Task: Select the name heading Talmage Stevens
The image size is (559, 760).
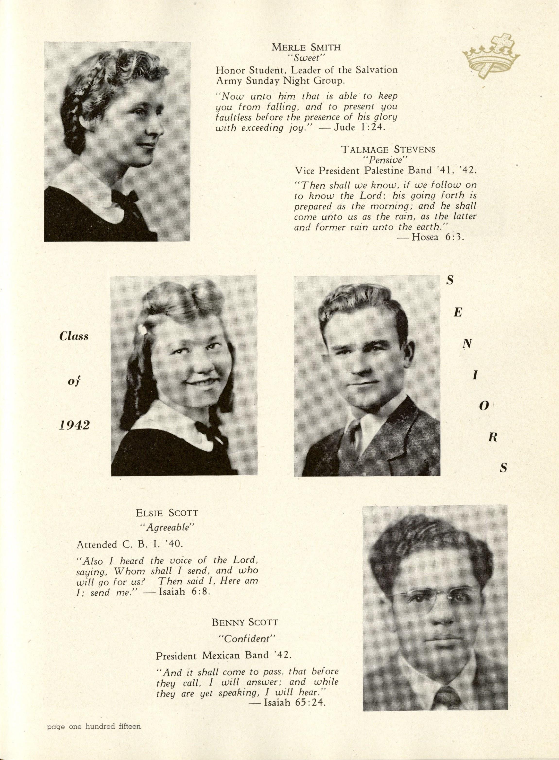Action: pos(388,149)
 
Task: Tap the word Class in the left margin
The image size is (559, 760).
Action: pos(74,336)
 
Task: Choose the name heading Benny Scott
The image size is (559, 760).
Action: pos(245,622)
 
